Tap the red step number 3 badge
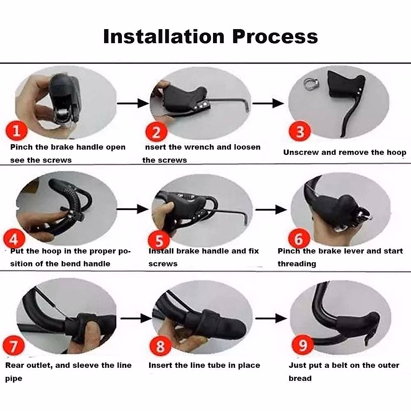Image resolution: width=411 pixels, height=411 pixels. [x=300, y=132]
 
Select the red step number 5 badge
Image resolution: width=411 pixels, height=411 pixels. [x=159, y=240]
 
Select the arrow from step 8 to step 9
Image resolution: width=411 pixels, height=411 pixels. [x=271, y=319]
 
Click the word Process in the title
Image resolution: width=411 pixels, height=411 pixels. [x=275, y=36]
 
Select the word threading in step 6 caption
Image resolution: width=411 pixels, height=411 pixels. [x=297, y=264]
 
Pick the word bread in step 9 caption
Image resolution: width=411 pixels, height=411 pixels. [x=300, y=378]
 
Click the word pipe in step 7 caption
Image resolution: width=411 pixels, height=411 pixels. [x=13, y=379]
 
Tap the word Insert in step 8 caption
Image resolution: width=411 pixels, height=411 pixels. [x=160, y=365]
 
